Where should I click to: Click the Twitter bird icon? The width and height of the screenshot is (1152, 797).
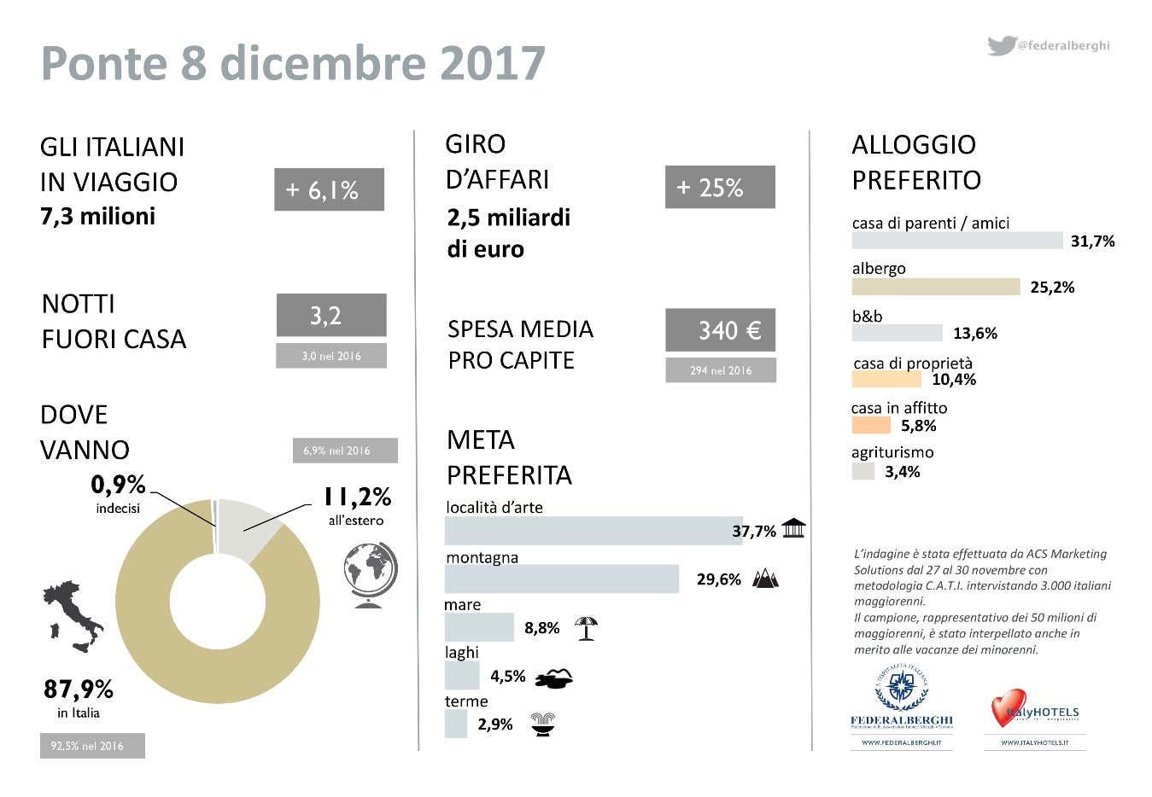click(x=1001, y=45)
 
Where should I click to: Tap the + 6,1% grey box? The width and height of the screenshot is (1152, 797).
click(x=329, y=189)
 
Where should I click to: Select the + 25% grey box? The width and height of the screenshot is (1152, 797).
click(x=720, y=187)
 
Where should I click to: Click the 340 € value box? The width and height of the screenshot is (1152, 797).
click(x=720, y=330)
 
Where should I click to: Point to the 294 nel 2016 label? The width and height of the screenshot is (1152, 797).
click(x=721, y=370)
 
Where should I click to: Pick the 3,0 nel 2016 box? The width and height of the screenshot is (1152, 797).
click(x=331, y=356)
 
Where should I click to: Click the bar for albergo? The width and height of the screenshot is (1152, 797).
click(x=935, y=287)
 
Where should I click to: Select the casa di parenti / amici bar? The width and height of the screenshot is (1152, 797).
click(x=956, y=241)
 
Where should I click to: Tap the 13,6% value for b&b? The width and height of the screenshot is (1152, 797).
click(x=975, y=334)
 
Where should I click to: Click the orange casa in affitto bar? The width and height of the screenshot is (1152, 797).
click(x=870, y=425)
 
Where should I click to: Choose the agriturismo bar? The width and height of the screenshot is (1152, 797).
click(x=863, y=471)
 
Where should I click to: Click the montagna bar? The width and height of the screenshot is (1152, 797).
click(x=561, y=579)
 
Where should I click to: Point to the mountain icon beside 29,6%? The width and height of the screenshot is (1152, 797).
click(x=765, y=579)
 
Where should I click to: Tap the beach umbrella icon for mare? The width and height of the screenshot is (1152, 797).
click(x=586, y=628)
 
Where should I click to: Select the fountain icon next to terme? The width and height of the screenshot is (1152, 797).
click(x=543, y=724)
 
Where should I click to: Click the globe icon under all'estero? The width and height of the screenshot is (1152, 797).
click(x=371, y=574)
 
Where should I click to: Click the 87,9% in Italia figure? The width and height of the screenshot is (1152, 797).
click(x=79, y=689)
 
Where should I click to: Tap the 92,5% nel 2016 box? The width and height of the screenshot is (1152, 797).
click(x=92, y=746)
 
